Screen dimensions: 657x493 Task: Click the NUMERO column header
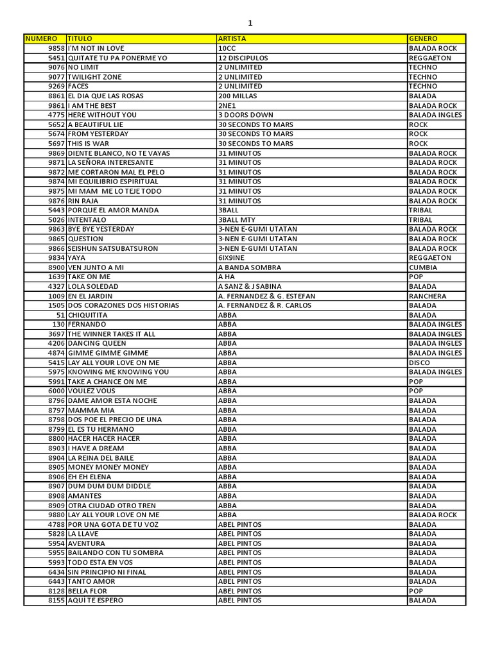[41, 38]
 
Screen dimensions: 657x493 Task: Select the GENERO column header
[423, 38]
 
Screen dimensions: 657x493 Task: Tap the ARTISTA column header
[232, 38]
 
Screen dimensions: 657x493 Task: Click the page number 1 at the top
[250, 23]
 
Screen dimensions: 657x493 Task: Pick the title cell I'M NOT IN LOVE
[96, 48]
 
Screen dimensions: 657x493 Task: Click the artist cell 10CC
[227, 48]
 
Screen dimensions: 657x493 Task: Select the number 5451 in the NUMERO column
[56, 58]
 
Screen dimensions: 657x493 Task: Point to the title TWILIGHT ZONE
[94, 77]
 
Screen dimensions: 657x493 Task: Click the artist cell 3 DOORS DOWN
[246, 115]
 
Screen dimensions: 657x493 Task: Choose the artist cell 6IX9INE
[231, 258]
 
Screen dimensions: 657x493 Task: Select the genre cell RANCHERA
[428, 296]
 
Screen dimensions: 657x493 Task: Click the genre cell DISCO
[420, 363]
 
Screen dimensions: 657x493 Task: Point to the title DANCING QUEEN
[97, 343]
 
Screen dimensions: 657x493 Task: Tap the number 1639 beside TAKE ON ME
[56, 277]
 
